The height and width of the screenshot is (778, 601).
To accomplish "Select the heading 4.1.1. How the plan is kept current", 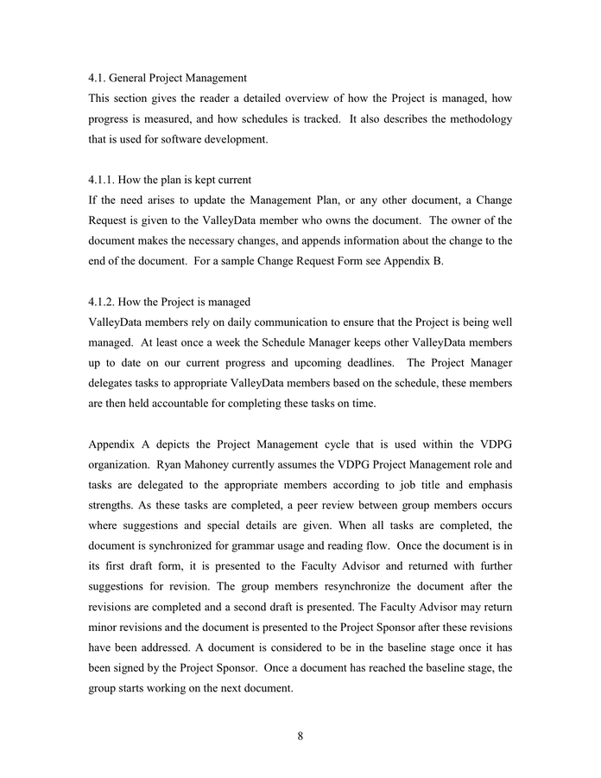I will (x=170, y=180).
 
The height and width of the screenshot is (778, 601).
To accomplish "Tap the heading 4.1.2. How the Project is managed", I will (x=169, y=302).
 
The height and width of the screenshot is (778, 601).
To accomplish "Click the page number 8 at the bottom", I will (x=300, y=737).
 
